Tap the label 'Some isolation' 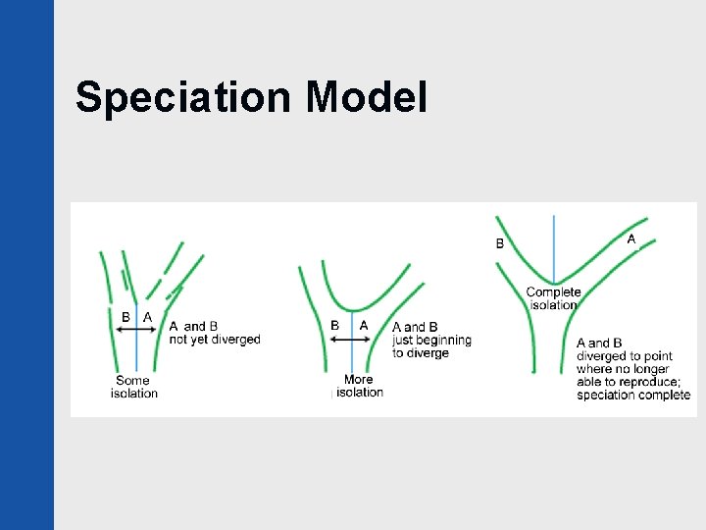[133, 387]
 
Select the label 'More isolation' [359, 386]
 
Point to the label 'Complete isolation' [553, 298]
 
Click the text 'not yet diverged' [215, 340]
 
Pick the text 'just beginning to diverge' [431, 340]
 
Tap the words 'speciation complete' [633, 396]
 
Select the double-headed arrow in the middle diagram [349, 339]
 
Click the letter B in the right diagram [500, 243]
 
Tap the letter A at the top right [631, 238]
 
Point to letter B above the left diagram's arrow [126, 317]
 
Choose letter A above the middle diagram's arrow [364, 325]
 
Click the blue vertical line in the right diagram [554, 245]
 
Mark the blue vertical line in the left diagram [136, 353]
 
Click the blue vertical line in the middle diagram [350, 358]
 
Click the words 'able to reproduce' [629, 382]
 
